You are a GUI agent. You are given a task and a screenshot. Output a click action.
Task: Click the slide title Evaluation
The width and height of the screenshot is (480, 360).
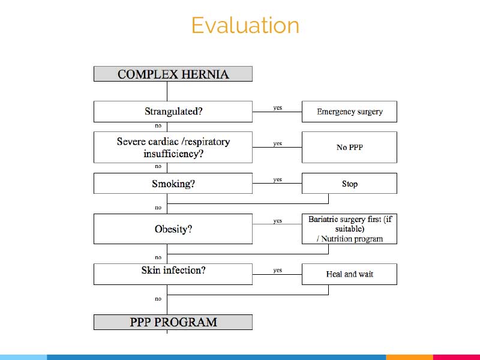(x=245, y=25)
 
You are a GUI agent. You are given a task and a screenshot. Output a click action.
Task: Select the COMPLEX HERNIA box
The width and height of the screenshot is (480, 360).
(x=173, y=74)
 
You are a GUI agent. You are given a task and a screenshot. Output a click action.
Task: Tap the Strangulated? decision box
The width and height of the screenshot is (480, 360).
(x=173, y=112)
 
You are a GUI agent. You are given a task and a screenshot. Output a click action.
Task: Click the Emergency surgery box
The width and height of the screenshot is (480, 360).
(x=349, y=112)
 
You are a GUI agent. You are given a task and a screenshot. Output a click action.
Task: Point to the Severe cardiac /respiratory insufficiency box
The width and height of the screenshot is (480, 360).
(x=173, y=147)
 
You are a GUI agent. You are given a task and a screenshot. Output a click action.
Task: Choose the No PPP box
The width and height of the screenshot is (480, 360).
(x=349, y=147)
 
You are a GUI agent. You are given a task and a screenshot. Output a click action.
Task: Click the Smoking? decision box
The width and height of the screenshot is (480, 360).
(x=173, y=184)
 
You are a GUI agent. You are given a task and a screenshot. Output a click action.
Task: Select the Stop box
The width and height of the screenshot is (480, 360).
(x=349, y=184)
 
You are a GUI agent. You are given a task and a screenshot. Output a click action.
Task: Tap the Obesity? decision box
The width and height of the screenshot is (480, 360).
(x=173, y=229)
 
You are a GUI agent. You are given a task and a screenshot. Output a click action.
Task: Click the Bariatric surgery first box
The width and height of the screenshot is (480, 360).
(x=349, y=229)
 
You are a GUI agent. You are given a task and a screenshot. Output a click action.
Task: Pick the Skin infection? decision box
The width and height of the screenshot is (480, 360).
(x=173, y=274)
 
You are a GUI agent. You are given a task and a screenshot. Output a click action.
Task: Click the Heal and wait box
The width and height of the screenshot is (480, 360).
(x=349, y=274)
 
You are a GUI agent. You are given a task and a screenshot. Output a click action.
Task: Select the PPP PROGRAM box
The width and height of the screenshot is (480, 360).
(x=173, y=322)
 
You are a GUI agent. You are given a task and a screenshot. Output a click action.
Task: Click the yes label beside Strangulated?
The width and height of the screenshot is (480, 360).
(x=278, y=108)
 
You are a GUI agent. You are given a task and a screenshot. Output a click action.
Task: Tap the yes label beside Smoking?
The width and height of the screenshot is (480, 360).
(x=278, y=179)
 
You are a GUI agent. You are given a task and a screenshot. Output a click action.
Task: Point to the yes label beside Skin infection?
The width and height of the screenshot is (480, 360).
(x=278, y=270)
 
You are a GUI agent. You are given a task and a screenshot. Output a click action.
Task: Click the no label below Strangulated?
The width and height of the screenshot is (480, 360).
(x=158, y=126)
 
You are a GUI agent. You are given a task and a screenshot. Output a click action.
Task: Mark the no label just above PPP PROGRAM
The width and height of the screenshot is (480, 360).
(x=158, y=299)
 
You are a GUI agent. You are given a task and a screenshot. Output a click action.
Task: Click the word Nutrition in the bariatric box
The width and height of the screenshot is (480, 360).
(x=337, y=239)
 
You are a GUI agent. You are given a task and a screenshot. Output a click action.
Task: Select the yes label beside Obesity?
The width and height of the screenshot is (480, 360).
(x=278, y=221)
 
